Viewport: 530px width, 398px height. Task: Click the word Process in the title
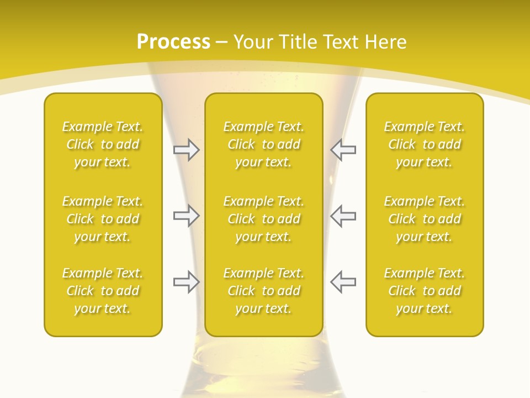pyautogui.click(x=173, y=42)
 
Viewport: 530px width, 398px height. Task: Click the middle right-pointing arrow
pyautogui.click(x=186, y=216)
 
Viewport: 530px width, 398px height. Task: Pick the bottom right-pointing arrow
pyautogui.click(x=186, y=282)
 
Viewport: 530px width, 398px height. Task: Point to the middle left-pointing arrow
pyautogui.click(x=343, y=216)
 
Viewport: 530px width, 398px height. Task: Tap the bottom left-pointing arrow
pyautogui.click(x=343, y=282)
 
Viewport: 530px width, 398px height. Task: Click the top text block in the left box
pyautogui.click(x=103, y=144)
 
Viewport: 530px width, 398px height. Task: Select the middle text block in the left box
pyautogui.click(x=103, y=219)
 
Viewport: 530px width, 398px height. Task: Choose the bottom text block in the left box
pyautogui.click(x=103, y=291)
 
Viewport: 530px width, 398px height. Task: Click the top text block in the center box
pyautogui.click(x=264, y=144)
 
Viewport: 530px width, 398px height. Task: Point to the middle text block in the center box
pyautogui.click(x=264, y=219)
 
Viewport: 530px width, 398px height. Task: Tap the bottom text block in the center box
pyautogui.click(x=264, y=291)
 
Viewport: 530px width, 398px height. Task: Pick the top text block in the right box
pyautogui.click(x=425, y=144)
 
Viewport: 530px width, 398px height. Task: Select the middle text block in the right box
pyautogui.click(x=425, y=219)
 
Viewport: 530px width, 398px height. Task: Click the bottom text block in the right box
pyautogui.click(x=425, y=291)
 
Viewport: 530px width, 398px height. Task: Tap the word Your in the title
pyautogui.click(x=252, y=42)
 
